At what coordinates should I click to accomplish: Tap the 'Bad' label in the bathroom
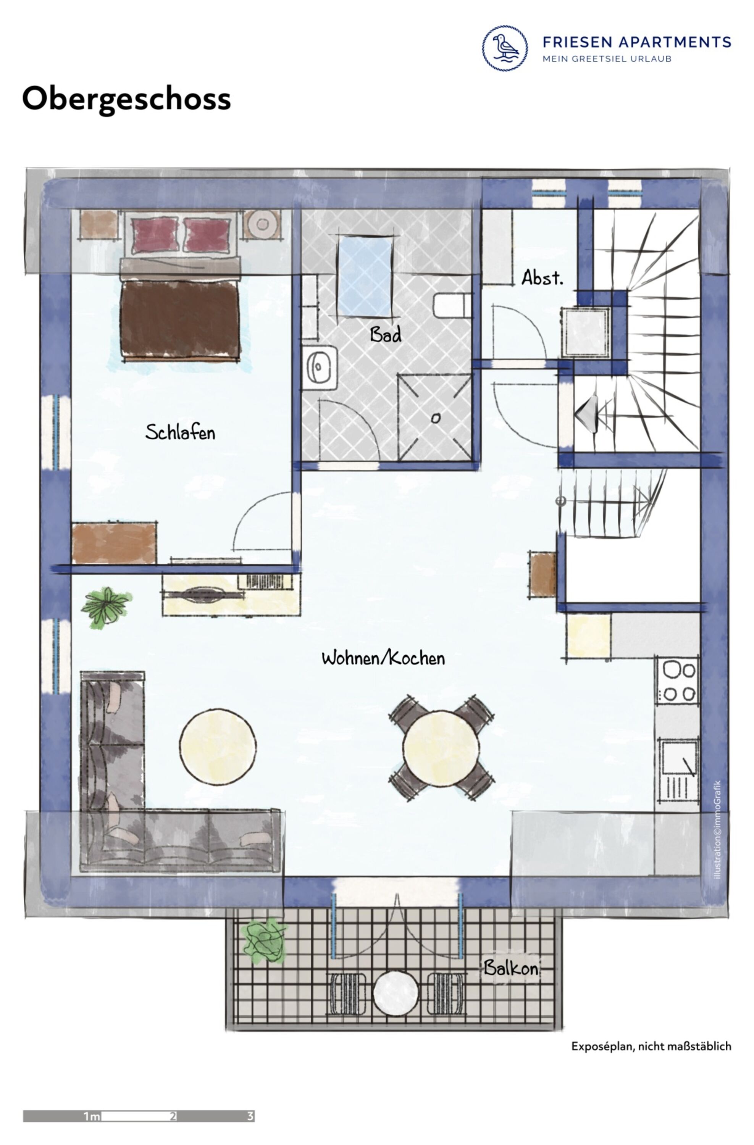point(386,334)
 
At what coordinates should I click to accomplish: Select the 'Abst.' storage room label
point(542,277)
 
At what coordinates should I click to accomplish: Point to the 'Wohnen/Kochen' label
point(383,658)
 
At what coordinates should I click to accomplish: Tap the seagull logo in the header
point(505,48)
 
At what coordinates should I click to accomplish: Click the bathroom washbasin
point(320,368)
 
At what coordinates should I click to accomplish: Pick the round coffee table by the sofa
point(218,747)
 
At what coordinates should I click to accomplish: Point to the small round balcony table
point(396,993)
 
